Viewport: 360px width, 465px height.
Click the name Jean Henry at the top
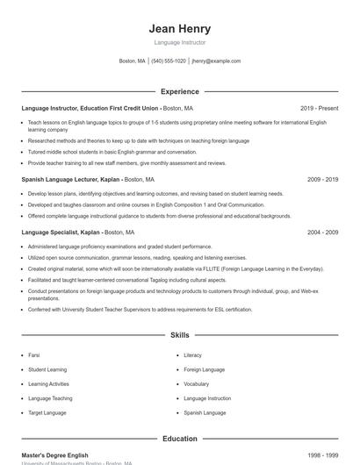pos(180,29)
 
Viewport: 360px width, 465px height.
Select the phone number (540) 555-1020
pos(169,61)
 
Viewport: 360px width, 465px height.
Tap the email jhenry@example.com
pos(216,61)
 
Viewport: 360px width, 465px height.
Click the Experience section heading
pos(180,91)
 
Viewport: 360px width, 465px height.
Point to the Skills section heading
pos(180,335)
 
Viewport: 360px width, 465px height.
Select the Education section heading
pos(180,439)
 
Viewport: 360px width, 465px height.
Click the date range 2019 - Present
pos(319,108)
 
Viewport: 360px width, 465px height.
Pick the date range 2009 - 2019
pos(322,179)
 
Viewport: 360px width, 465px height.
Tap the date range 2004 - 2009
pos(322,232)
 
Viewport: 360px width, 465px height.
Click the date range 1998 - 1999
pos(322,455)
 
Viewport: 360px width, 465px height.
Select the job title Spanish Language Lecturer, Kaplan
pos(71,179)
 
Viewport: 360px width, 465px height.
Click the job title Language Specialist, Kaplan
pos(61,232)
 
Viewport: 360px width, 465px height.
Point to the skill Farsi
pos(34,355)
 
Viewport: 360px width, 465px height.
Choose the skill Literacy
pos(192,355)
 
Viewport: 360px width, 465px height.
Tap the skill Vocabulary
pos(197,384)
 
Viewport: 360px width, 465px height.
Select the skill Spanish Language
pos(205,412)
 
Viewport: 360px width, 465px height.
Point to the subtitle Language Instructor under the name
pos(180,42)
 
